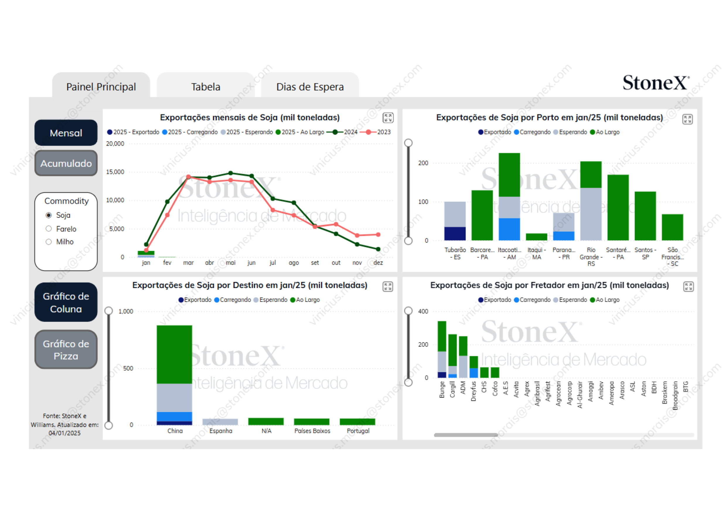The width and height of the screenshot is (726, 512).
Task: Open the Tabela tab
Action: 206,87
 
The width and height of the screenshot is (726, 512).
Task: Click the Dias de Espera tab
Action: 310,87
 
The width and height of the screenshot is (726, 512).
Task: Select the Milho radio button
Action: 49,242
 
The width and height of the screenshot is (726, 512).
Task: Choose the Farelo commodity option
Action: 49,228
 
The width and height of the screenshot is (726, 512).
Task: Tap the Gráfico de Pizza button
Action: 66,349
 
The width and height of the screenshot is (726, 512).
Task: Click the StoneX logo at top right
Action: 655,83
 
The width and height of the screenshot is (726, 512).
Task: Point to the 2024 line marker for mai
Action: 231,173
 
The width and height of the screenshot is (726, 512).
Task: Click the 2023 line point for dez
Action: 378,235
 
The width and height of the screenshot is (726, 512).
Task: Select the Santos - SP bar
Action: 645,216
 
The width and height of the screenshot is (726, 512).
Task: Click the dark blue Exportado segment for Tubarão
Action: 455,233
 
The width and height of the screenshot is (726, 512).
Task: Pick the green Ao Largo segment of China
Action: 174,354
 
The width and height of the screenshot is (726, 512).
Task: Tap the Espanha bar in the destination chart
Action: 220,421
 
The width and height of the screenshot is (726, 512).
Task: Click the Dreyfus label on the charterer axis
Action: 473,391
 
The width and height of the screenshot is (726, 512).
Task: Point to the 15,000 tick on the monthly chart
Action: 115,172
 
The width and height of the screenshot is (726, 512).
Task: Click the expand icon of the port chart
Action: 687,119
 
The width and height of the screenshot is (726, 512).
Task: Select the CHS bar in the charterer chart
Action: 484,372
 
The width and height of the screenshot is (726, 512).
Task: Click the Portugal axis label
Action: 358,431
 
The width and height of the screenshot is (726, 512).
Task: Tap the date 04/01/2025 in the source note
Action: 64,433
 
